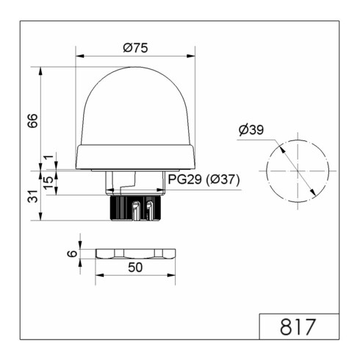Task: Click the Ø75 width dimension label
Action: pyautogui.click(x=136, y=47)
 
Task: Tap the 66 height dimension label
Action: pyautogui.click(x=32, y=120)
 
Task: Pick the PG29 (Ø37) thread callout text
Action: pyautogui.click(x=204, y=179)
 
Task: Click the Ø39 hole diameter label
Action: pyautogui.click(x=251, y=130)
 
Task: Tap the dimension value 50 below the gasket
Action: pyautogui.click(x=135, y=267)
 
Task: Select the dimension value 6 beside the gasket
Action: pyautogui.click(x=71, y=253)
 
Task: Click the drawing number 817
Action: pyautogui.click(x=299, y=325)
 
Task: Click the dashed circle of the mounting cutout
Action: pyautogui.click(x=268, y=170)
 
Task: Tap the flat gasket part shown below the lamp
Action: pyautogui.click(x=135, y=253)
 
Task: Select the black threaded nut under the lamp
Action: pyautogui.click(x=135, y=207)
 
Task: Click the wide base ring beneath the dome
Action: pyautogui.click(x=135, y=156)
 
